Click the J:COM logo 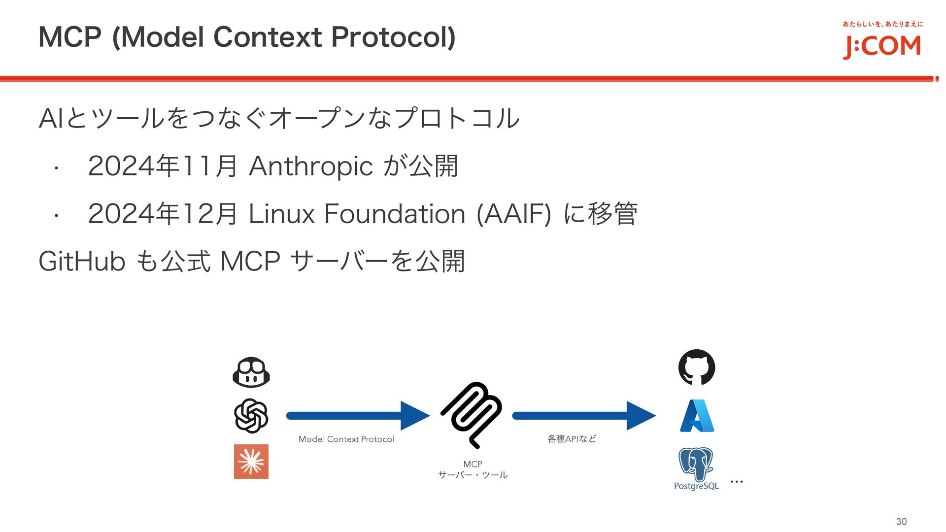[x=882, y=46]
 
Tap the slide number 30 [x=901, y=522]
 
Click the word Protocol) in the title [x=393, y=37]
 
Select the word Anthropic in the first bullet [x=311, y=166]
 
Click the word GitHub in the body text [x=82, y=261]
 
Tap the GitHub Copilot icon [x=251, y=372]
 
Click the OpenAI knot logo [x=251, y=416]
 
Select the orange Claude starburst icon [x=251, y=462]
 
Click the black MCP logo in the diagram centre [x=472, y=415]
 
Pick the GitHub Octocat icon [x=697, y=367]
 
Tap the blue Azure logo [x=697, y=416]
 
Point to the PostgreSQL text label [x=696, y=486]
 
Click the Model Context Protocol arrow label [x=346, y=439]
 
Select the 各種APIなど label [x=572, y=439]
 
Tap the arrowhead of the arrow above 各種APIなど [x=641, y=416]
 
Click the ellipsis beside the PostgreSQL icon [x=737, y=481]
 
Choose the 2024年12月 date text [x=163, y=214]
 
